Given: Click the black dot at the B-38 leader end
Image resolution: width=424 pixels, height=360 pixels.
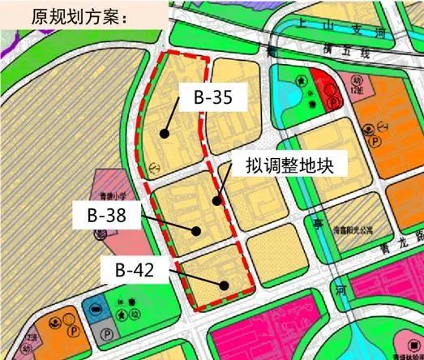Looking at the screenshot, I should [x=196, y=229].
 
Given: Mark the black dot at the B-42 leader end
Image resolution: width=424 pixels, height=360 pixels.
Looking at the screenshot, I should [x=225, y=284].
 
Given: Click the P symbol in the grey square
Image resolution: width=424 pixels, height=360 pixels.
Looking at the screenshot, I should [x=105, y=332].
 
